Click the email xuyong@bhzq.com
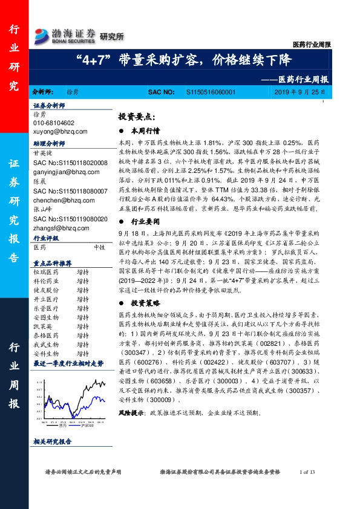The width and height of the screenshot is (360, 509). (x=61, y=131)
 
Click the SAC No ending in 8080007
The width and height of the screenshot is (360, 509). (x=70, y=190)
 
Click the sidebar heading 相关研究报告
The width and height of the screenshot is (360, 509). (x=53, y=443)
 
